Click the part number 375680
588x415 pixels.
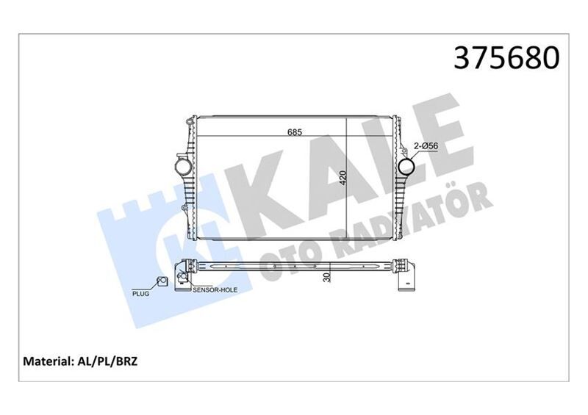(x=508, y=58)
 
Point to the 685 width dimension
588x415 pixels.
(x=295, y=132)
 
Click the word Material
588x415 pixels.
(x=49, y=362)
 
